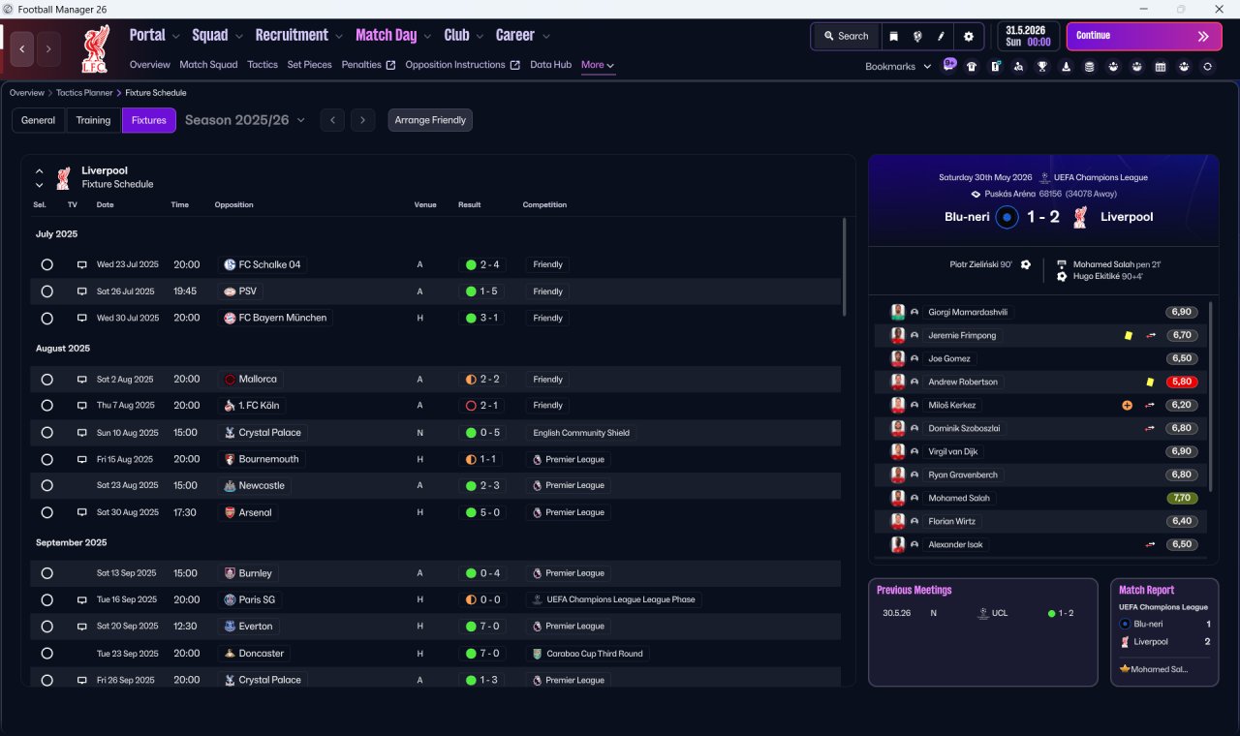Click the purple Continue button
coord(1144,36)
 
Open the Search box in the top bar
coord(847,36)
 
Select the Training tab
coord(93,120)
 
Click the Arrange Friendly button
coord(430,120)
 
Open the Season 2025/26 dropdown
coord(245,120)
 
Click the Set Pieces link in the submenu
coord(309,65)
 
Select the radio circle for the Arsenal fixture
coord(47,512)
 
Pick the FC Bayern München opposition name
coord(282,318)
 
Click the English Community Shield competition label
coord(581,433)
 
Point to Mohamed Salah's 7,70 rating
coord(1182,498)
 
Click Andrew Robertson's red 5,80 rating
coord(1182,382)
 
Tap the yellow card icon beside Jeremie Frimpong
coord(1129,335)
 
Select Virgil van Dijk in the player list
coord(952,451)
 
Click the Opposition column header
coord(233,204)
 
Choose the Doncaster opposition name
coord(262,654)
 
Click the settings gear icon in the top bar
coord(968,37)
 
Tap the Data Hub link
coord(551,65)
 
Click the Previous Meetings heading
coord(914,590)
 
